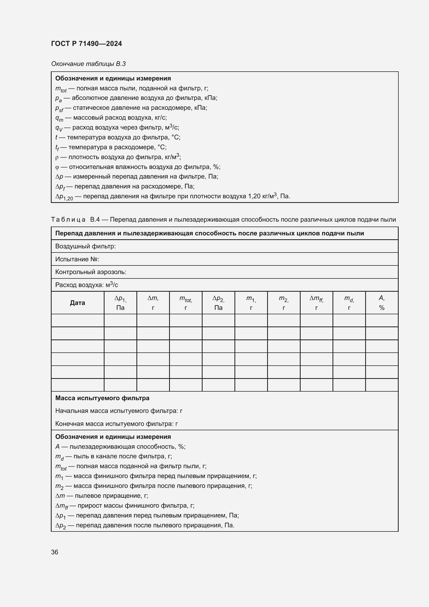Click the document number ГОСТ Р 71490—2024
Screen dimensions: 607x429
coord(86,44)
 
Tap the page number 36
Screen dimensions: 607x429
coord(55,552)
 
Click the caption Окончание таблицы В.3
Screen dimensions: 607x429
coord(88,64)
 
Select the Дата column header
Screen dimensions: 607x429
coord(77,303)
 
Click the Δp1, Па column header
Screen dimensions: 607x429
coord(120,303)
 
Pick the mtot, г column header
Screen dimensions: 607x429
coord(185,303)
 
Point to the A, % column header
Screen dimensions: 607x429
coord(382,303)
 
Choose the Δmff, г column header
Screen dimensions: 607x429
coord(316,303)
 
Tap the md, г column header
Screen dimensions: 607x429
coord(349,303)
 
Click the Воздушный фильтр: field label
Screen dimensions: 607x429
coord(85,246)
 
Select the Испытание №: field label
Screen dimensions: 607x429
coord(77,259)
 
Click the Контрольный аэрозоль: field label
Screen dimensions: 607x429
coord(91,272)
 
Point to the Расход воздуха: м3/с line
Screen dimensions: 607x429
coord(86,285)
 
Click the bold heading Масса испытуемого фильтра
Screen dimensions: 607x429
coord(102,398)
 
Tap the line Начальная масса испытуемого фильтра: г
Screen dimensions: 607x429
coord(119,411)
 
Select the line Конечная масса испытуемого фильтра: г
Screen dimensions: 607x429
coord(116,424)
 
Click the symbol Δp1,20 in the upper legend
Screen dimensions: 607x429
coord(64,197)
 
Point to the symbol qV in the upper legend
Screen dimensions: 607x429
coord(59,128)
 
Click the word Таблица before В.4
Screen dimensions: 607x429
coord(68,220)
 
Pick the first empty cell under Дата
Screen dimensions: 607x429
coord(77,320)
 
